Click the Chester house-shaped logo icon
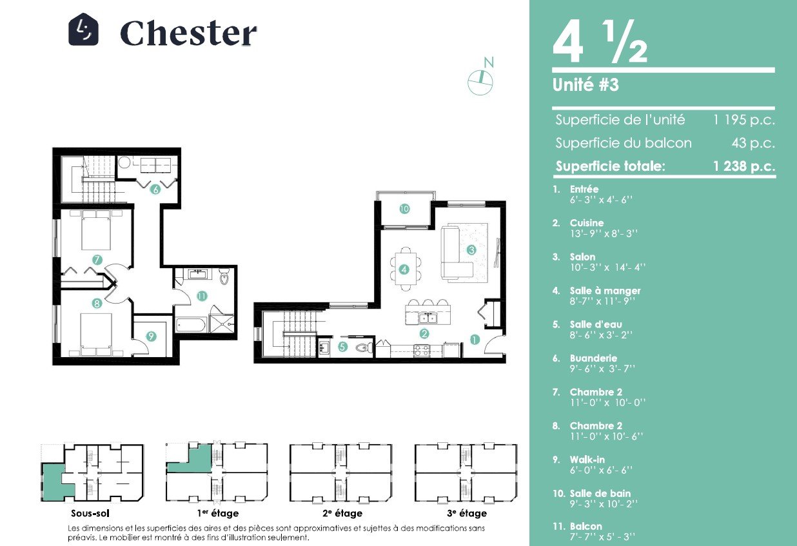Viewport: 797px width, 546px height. click(x=83, y=29)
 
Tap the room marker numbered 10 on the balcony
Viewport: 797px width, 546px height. click(x=404, y=209)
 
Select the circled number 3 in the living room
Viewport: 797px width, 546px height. click(x=471, y=250)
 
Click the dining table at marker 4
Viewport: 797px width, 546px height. click(x=406, y=269)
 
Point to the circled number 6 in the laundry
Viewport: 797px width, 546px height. click(x=155, y=190)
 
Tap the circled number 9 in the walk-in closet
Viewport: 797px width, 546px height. click(x=152, y=336)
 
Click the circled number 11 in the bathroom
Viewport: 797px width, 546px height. click(x=202, y=296)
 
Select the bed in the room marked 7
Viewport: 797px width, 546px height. click(x=96, y=229)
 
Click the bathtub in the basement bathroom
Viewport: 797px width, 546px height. click(x=190, y=325)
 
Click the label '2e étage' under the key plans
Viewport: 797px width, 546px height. click(x=342, y=513)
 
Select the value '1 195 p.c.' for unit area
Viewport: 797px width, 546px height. click(x=744, y=120)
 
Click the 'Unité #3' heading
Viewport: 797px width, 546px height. click(x=585, y=84)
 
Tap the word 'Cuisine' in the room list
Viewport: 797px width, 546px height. click(x=587, y=223)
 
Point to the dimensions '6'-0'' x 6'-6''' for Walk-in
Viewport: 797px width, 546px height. click(x=602, y=470)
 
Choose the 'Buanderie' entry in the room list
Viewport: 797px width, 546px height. click(x=593, y=358)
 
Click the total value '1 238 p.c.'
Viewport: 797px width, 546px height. click(x=744, y=166)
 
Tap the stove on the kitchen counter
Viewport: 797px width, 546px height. click(x=422, y=351)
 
